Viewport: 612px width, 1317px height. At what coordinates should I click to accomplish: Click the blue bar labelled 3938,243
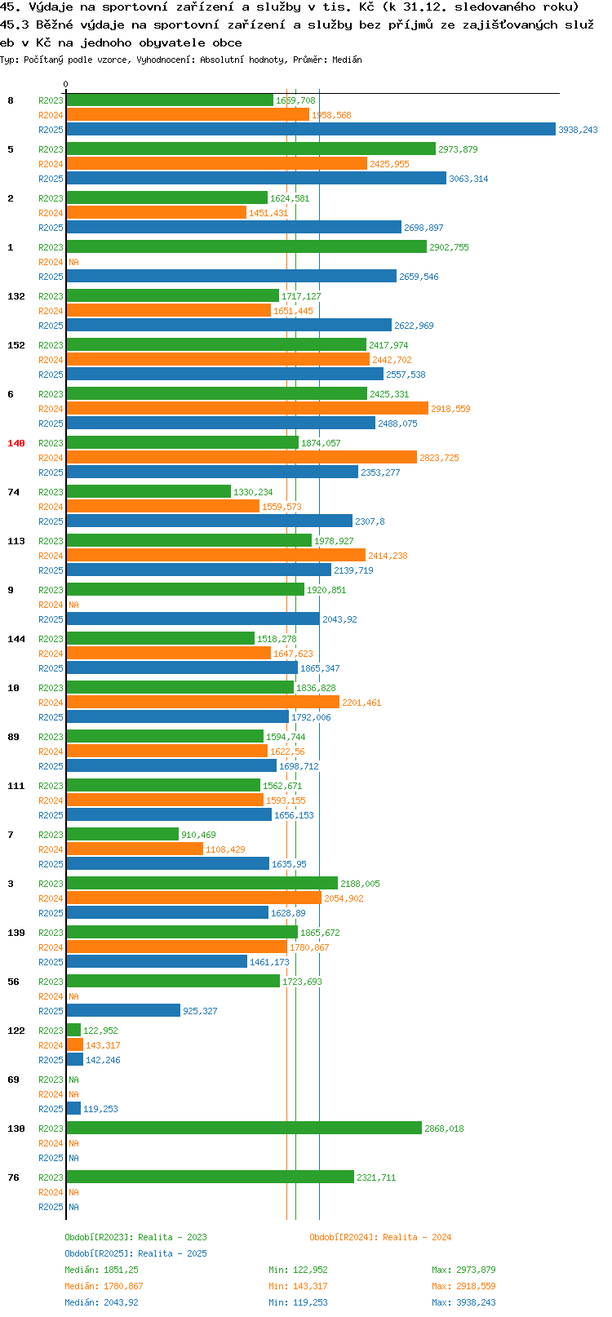coord(311,130)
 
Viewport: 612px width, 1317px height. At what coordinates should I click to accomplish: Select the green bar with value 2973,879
coord(251,149)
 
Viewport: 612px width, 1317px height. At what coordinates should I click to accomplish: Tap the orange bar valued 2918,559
coord(247,409)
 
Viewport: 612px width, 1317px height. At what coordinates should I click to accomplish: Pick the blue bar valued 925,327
coord(123,1011)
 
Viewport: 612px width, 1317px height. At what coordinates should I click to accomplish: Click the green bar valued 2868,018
coord(244,1129)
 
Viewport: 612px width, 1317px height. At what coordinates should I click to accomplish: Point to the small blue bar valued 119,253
coord(73,1109)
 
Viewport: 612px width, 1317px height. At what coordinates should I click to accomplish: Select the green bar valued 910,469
coord(122,834)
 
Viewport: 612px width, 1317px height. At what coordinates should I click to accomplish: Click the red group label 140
coord(16,443)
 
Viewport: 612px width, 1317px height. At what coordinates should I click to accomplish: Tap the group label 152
coord(16,345)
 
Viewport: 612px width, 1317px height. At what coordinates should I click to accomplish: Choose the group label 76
coord(13,1177)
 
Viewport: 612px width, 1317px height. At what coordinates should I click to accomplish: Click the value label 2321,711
coord(376,1177)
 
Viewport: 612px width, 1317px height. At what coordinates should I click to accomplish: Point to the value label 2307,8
coord(370,521)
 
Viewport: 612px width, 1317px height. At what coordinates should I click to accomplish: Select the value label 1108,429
coord(225,849)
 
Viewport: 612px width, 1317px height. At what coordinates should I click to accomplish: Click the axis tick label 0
coord(65,84)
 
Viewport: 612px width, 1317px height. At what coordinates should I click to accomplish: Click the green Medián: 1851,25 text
coord(102,1270)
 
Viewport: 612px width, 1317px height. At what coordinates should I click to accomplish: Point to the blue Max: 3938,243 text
coord(463,1303)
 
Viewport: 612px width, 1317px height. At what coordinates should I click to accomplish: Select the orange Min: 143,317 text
coord(298,1287)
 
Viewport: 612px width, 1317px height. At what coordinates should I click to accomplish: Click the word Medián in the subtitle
coord(347,60)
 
